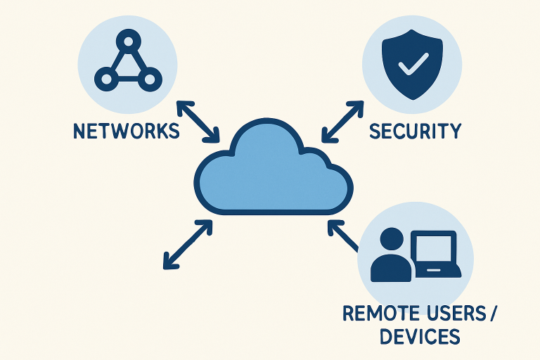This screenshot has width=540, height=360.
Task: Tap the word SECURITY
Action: point(416,131)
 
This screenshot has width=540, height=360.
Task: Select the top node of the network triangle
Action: point(127,38)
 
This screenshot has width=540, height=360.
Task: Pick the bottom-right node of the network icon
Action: point(148,78)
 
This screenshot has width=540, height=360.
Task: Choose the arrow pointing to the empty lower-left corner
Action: point(188,244)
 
